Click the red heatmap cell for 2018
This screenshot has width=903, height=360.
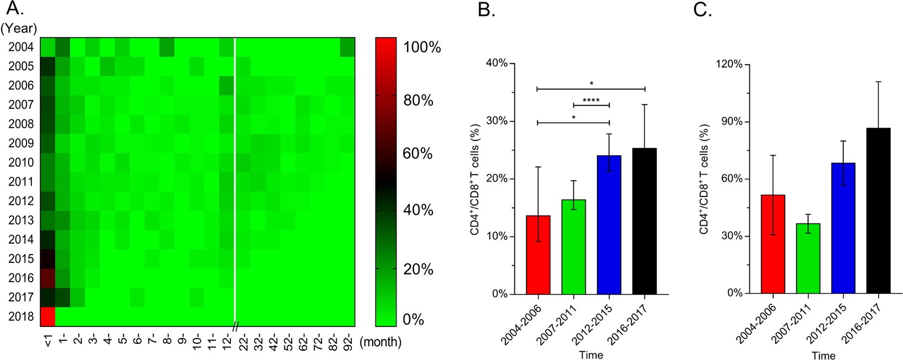(47, 317)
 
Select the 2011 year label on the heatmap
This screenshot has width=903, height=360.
(21, 182)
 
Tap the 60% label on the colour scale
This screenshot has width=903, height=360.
(418, 153)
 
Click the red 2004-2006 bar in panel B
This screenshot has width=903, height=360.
(538, 255)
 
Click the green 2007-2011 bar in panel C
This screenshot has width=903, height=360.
(807, 258)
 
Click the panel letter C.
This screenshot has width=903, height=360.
(702, 9)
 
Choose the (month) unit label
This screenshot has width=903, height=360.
(380, 342)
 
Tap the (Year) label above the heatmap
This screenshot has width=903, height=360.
(19, 28)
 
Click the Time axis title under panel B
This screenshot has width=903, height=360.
(590, 355)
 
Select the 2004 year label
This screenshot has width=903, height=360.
(21, 47)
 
